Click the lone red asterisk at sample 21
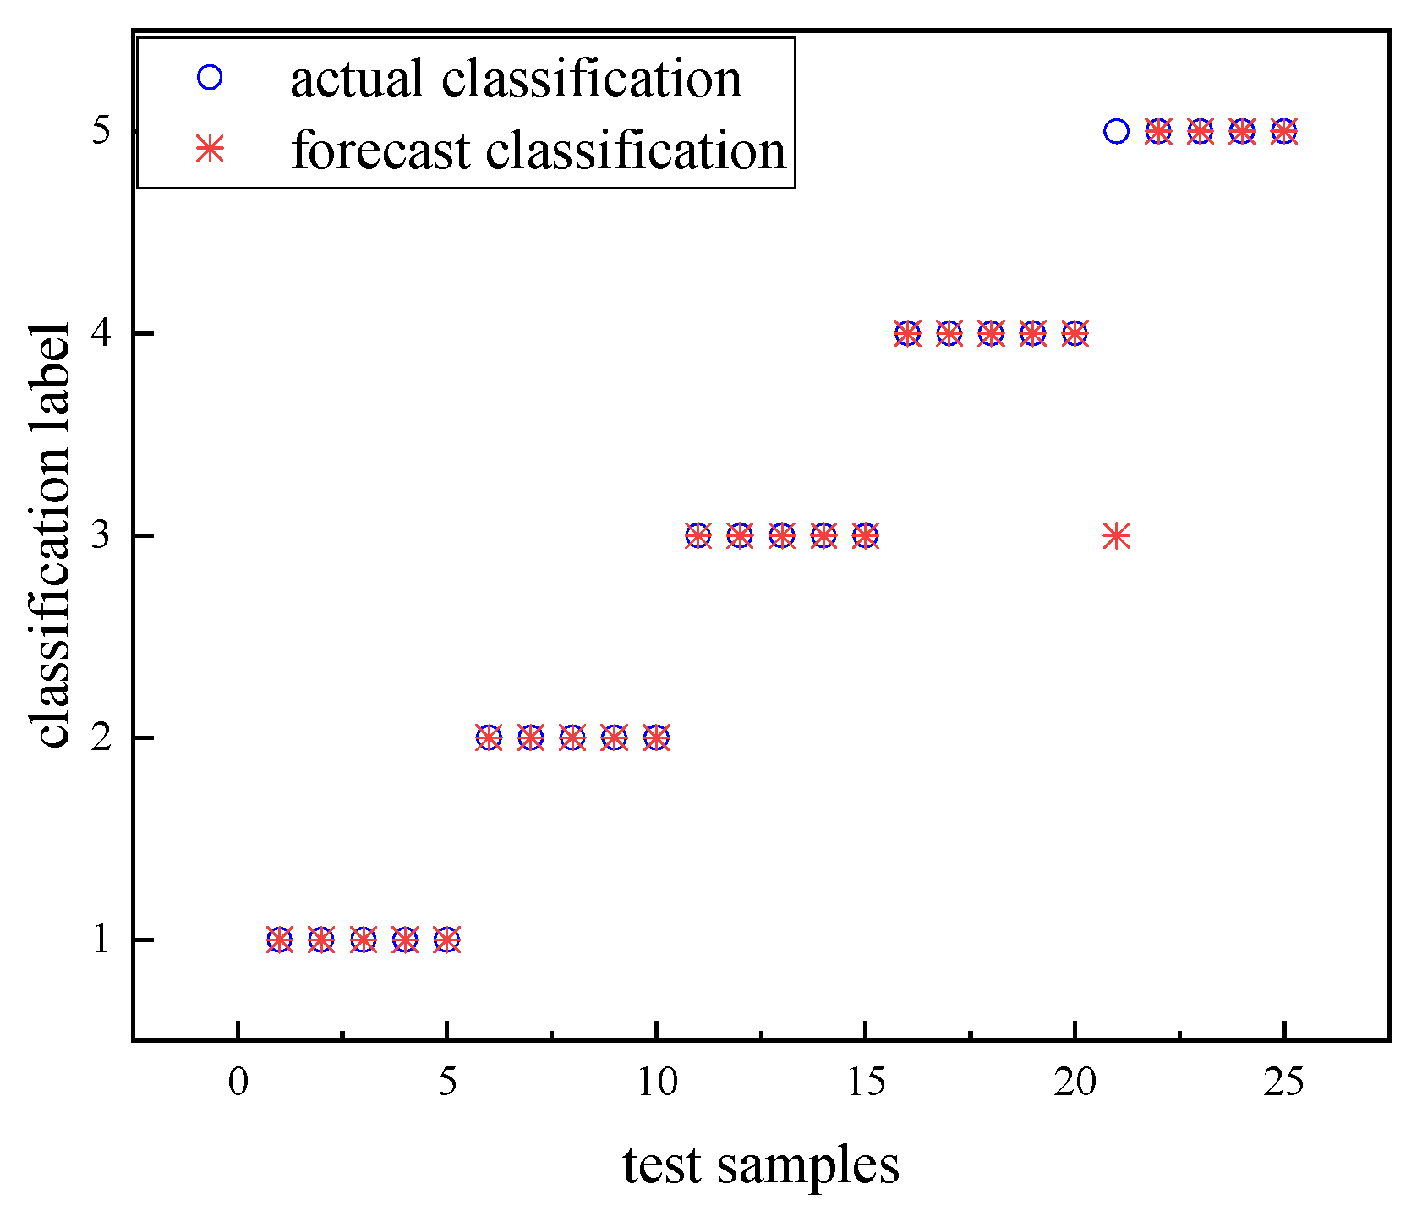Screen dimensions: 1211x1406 click(1116, 535)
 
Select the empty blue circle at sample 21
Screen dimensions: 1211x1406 click(1116, 131)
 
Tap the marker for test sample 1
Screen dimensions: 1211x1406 click(280, 940)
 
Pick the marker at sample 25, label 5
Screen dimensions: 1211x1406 click(1283, 131)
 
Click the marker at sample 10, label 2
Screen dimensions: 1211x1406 click(656, 737)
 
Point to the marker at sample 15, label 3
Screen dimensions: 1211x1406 click(865, 535)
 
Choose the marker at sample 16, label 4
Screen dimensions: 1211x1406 click(907, 333)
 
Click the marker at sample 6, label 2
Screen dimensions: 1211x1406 click(489, 737)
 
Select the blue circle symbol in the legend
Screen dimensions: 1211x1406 click(209, 78)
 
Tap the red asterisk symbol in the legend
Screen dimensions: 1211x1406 click(209, 150)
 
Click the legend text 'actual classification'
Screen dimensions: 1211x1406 click(516, 79)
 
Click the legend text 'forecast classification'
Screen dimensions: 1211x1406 click(539, 151)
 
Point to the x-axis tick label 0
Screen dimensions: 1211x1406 click(238, 1082)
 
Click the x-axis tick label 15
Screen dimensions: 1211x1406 click(865, 1082)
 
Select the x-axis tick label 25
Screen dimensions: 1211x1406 click(1283, 1082)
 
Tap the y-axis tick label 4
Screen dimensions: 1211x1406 click(101, 333)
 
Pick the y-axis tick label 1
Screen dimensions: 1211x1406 click(101, 940)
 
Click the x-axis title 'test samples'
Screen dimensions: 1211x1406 click(761, 1165)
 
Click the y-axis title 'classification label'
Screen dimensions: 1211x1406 click(52, 535)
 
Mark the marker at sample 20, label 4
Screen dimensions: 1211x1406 click(1075, 333)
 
